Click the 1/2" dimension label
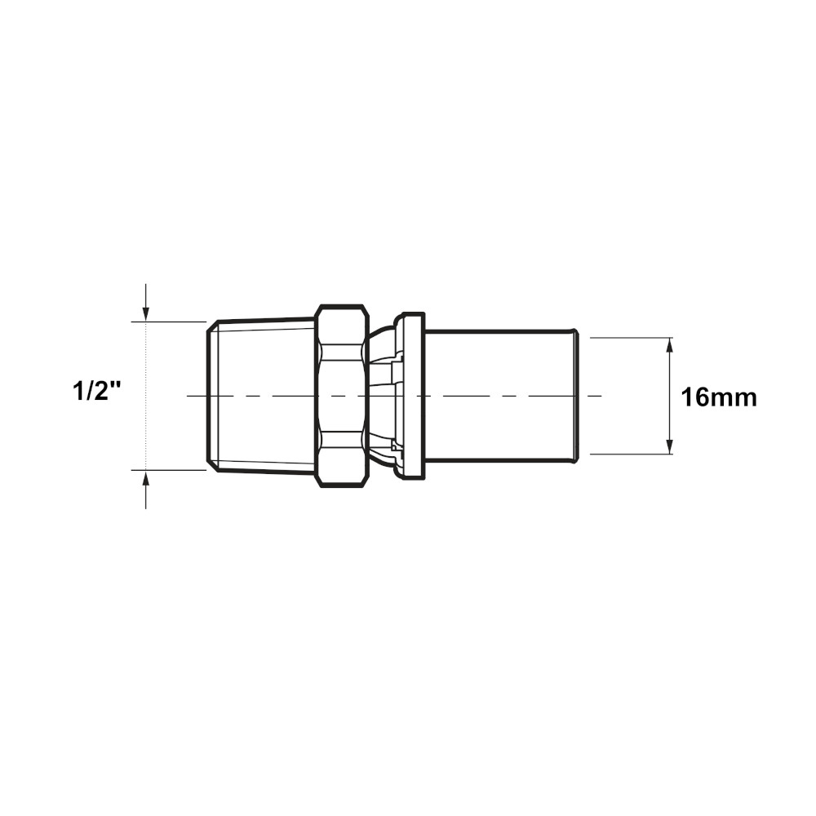pyautogui.click(x=97, y=392)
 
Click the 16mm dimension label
pyautogui.click(x=719, y=398)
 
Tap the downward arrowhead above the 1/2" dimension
pyautogui.click(x=146, y=313)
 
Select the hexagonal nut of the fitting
pyautogui.click(x=343, y=396)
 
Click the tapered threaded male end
pyautogui.click(x=260, y=396)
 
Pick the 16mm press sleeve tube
pyautogui.click(x=501, y=395)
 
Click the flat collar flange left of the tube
pyautogui.click(x=413, y=395)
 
